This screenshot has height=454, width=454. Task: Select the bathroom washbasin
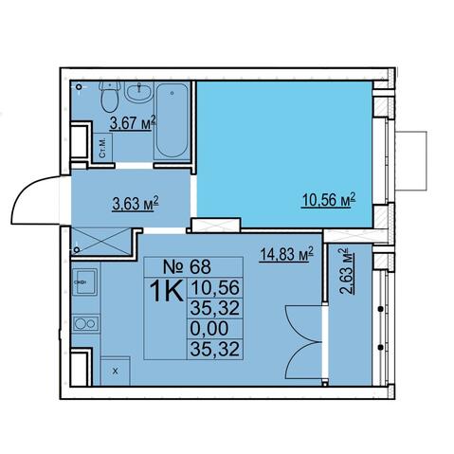click(138, 91)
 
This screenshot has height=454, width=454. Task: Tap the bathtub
click(172, 120)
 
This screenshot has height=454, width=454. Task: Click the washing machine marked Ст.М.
click(102, 148)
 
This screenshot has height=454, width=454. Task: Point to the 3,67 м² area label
click(133, 123)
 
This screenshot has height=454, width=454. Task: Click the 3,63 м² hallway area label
click(136, 204)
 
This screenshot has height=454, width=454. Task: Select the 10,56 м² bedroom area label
click(329, 200)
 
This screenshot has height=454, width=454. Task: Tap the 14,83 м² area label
click(286, 254)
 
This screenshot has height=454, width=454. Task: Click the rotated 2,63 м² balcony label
click(346, 271)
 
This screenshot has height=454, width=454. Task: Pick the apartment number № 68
click(187, 267)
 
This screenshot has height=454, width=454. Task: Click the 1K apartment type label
click(167, 291)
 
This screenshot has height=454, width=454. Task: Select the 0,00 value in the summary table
click(209, 328)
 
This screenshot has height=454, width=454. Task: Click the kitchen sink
click(84, 281)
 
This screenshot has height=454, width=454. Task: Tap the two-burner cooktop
click(85, 323)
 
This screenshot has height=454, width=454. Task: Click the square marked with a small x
click(116, 372)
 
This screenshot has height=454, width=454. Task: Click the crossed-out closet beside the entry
click(101, 242)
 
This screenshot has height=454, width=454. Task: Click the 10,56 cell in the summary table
click(215, 287)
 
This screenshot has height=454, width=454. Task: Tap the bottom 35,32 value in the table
click(215, 350)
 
